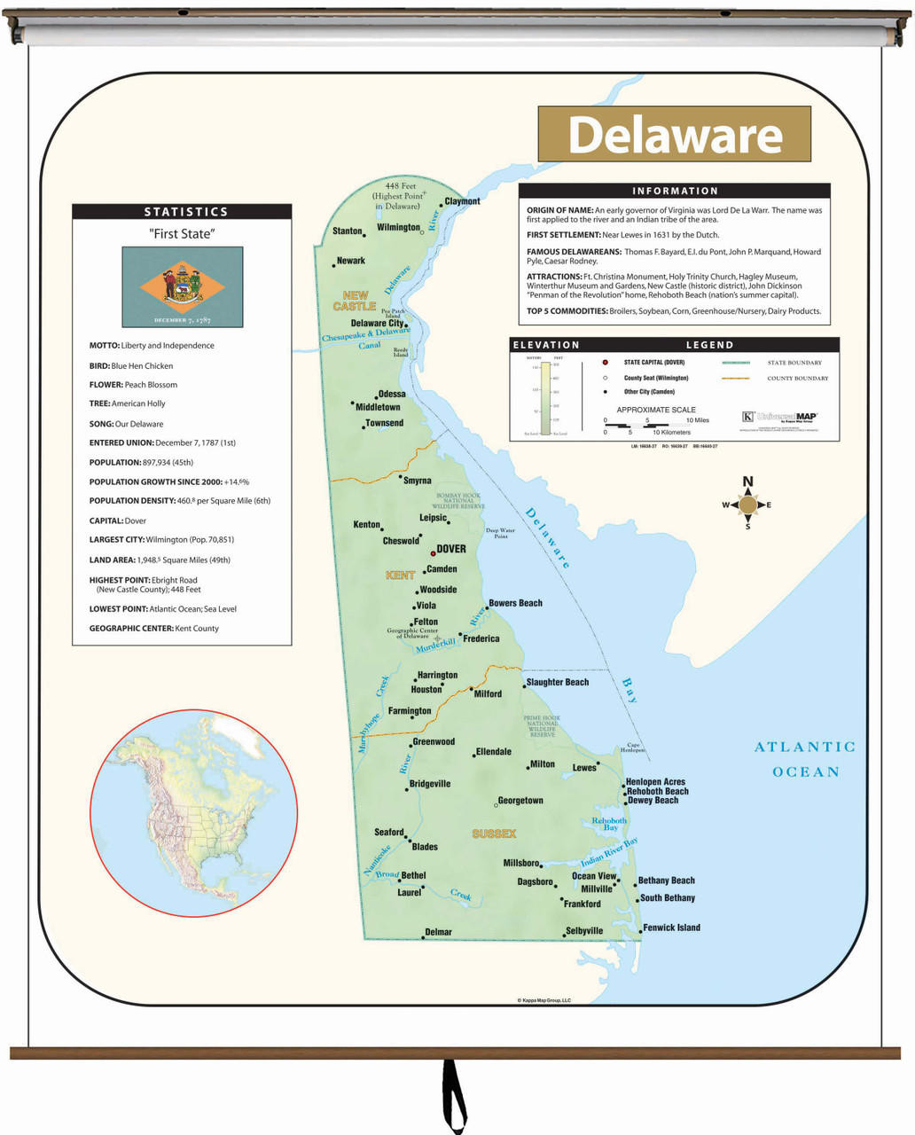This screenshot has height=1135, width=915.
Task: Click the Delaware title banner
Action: [674, 135]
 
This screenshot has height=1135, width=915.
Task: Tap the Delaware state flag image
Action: [182, 286]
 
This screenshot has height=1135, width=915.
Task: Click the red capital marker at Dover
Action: [433, 553]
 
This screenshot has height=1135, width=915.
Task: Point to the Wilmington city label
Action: [398, 228]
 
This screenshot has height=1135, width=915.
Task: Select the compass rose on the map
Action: [747, 505]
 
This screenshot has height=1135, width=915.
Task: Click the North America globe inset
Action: [193, 813]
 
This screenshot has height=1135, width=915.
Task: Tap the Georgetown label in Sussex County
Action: [520, 801]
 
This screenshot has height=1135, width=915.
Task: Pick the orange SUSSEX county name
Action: [494, 834]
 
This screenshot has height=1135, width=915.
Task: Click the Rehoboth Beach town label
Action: [657, 791]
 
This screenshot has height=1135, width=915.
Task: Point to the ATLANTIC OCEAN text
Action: [804, 759]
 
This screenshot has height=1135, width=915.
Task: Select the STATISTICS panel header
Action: [182, 212]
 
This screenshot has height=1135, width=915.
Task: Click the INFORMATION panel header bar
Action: [674, 191]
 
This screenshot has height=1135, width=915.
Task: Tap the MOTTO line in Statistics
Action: [152, 346]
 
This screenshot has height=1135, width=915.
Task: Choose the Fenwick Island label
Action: [671, 928]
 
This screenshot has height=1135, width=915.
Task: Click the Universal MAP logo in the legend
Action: [779, 417]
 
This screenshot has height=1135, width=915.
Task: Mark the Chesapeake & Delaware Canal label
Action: [365, 338]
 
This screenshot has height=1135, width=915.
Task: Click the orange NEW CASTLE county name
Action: [355, 301]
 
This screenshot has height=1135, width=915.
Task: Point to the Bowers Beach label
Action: [515, 603]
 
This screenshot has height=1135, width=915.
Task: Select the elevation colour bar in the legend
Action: [546, 395]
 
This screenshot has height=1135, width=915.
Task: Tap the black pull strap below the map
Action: [454, 1095]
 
